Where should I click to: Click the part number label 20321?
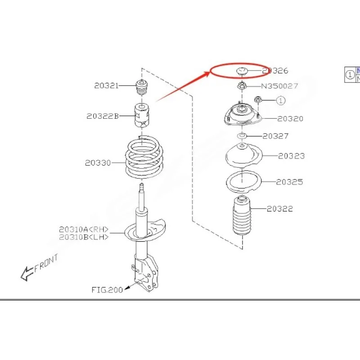107,85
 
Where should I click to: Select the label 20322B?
103,116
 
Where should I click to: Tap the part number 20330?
98,163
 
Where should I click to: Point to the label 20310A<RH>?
84,229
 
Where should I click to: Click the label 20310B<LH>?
84,237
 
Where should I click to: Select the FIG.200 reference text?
107,290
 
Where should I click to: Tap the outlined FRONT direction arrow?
27,274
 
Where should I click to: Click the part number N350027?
279,86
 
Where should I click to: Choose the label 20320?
290,119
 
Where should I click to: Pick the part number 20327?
275,136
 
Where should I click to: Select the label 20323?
291,156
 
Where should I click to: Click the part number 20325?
289,182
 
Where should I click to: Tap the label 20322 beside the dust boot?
279,209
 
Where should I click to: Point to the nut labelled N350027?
242,86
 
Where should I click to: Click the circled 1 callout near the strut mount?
280,100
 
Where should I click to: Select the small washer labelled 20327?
242,136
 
